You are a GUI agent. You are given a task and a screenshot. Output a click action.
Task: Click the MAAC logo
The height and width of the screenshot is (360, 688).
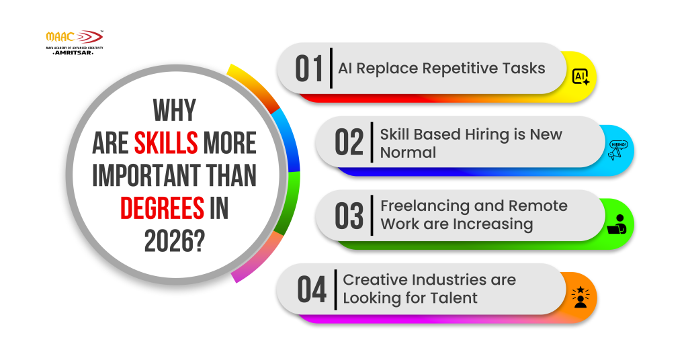click(x=73, y=38)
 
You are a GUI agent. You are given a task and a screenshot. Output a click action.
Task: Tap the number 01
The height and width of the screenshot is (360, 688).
click(x=310, y=69)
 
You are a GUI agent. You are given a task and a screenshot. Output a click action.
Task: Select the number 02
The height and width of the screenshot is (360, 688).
click(x=349, y=142)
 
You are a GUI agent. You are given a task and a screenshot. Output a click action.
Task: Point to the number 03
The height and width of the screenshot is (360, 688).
click(x=349, y=216)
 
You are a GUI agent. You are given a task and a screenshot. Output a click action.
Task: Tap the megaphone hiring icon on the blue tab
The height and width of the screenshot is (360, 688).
click(x=617, y=150)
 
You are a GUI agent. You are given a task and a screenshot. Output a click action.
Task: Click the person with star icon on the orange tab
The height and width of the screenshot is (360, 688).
click(x=580, y=297)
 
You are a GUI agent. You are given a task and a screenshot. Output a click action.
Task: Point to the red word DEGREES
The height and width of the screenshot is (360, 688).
click(x=162, y=208)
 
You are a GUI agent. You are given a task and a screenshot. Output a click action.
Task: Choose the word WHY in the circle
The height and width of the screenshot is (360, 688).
click(x=175, y=111)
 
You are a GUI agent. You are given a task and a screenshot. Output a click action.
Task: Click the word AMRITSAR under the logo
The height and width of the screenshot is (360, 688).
click(x=73, y=52)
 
